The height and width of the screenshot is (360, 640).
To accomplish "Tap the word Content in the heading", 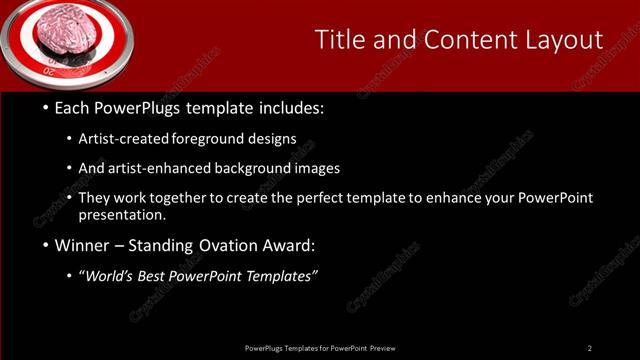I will click(465, 39).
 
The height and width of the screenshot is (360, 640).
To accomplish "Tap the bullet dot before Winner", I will click(46, 245).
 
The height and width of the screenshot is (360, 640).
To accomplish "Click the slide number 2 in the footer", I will click(589, 348).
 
